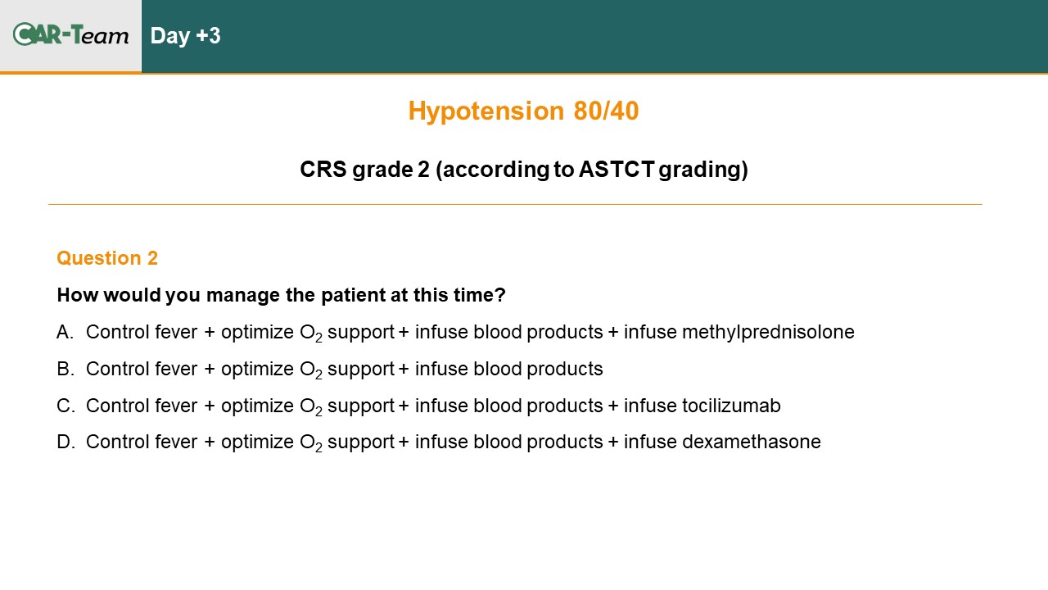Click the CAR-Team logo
click(70, 34)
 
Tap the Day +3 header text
click(185, 36)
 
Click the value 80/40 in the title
click(606, 111)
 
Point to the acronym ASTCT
click(617, 169)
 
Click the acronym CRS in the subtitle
click(323, 169)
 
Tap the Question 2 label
click(107, 258)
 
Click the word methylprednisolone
click(768, 332)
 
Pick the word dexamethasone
click(752, 442)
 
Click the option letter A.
click(65, 332)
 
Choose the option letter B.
click(65, 369)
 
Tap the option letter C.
click(65, 406)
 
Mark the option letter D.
click(65, 442)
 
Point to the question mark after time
click(500, 295)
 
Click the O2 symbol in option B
click(311, 370)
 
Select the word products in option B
click(565, 370)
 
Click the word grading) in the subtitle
click(703, 170)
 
